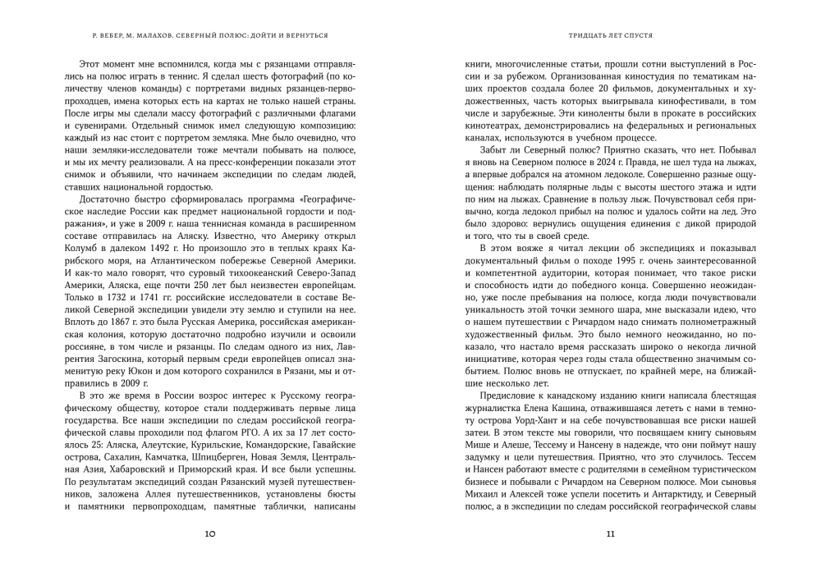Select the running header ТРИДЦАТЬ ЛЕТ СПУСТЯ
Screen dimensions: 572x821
(610, 36)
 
